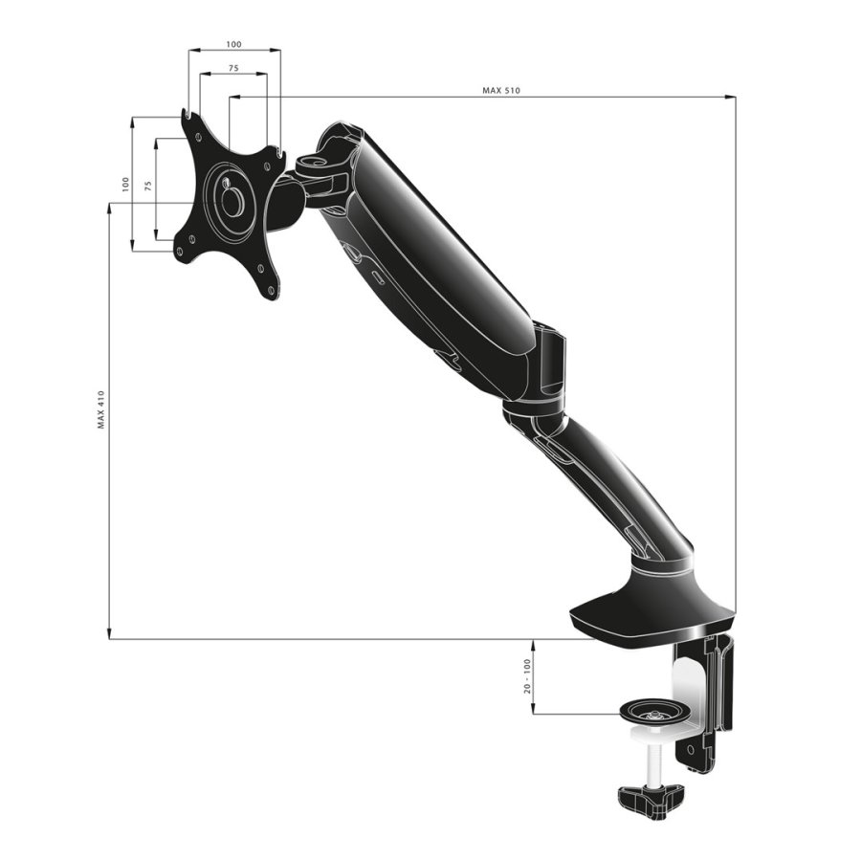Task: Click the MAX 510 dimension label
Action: coord(501,91)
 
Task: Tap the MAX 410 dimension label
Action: coord(100,408)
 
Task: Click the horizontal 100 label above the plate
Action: coord(233,44)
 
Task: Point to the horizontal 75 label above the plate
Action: coord(233,69)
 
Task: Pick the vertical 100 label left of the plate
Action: coord(123,184)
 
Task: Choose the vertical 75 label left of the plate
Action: coord(147,186)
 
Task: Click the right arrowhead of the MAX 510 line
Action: coord(732,97)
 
